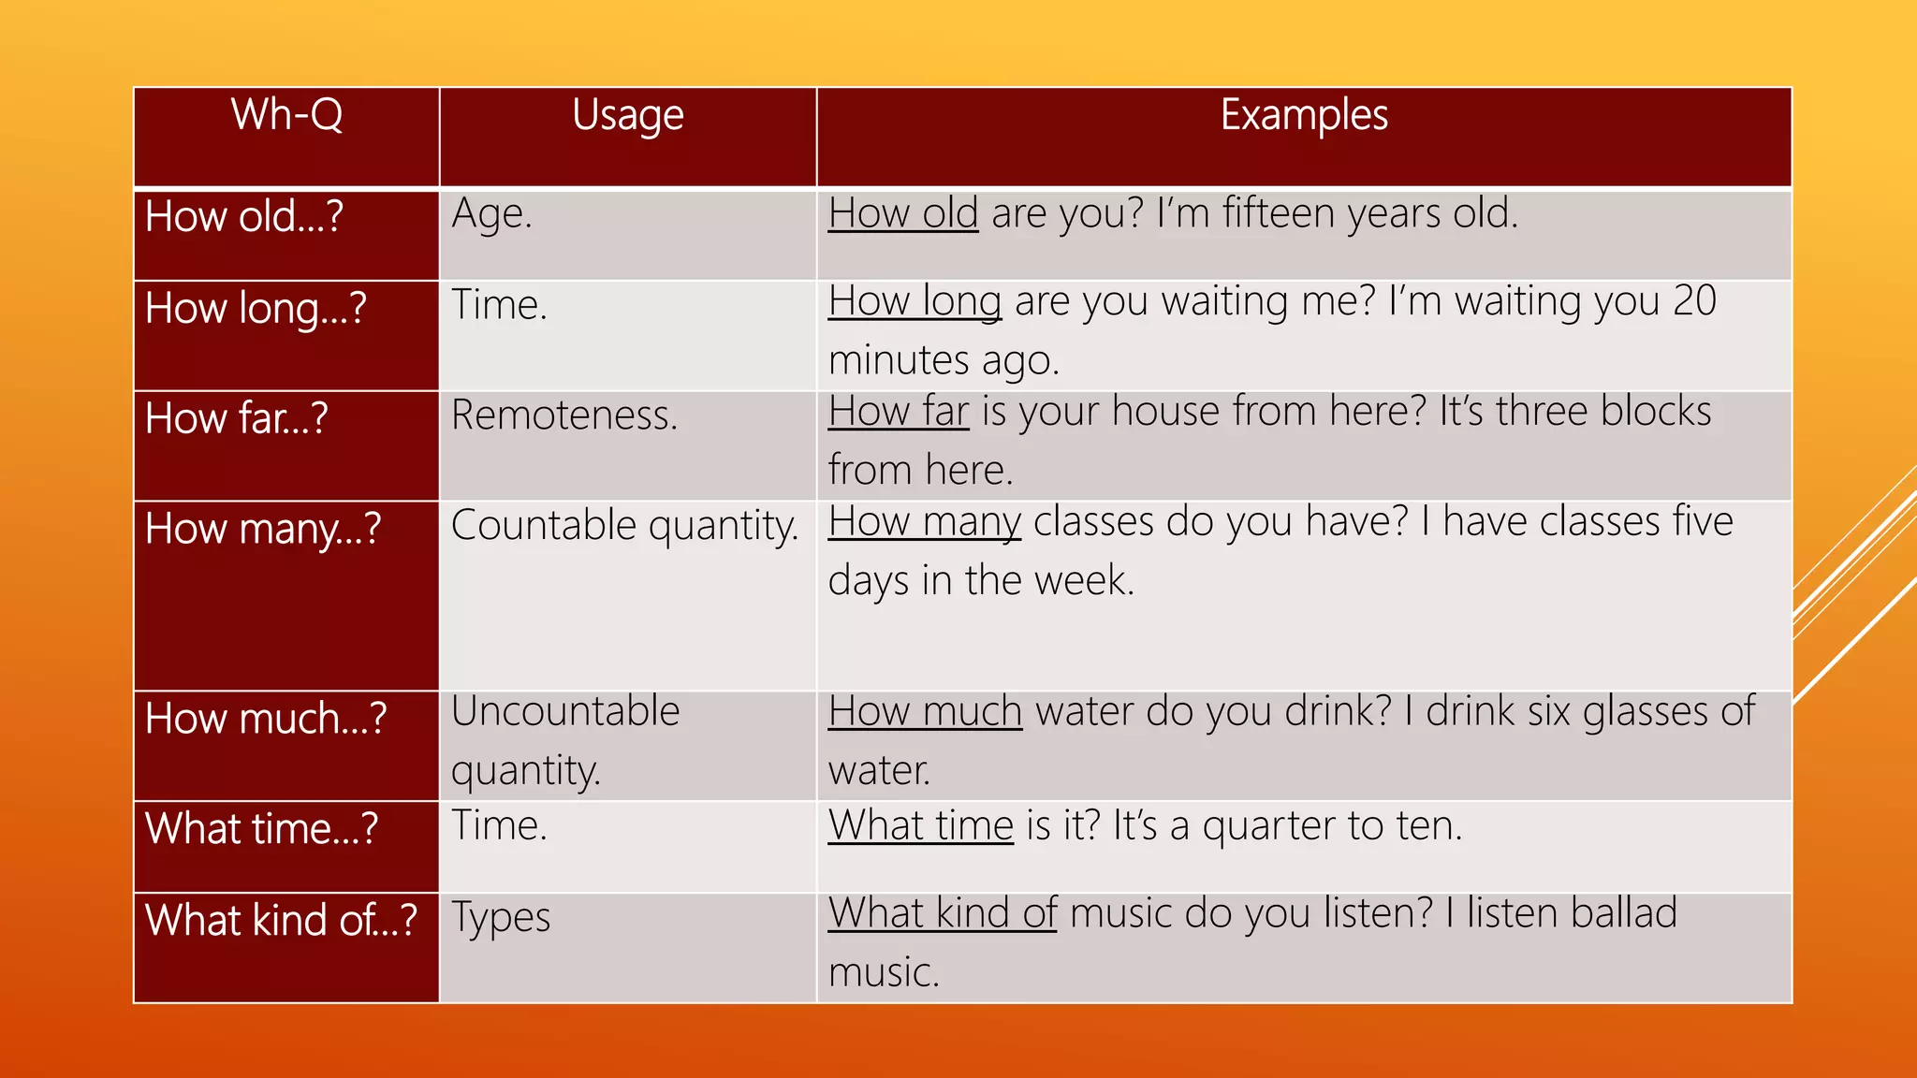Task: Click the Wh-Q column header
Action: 286,115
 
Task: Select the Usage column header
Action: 627,116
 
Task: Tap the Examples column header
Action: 1304,115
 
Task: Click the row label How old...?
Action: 244,217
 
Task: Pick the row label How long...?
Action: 256,309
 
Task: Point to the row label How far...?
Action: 236,418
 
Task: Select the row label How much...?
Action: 266,719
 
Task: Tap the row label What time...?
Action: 261,829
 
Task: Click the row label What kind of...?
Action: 281,921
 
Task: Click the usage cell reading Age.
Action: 491,214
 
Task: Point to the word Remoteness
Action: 563,415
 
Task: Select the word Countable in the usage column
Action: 543,526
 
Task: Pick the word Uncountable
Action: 565,712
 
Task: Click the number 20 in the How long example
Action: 1694,301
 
